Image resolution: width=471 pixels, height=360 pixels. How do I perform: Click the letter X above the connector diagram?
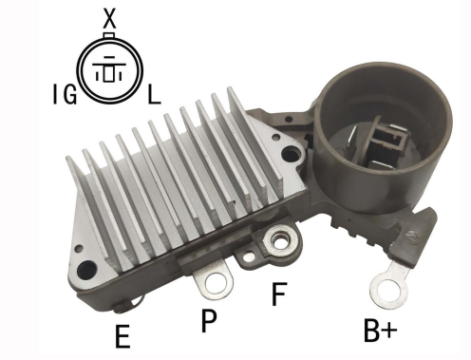tap(110, 18)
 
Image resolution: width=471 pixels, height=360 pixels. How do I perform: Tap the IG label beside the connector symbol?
tap(65, 94)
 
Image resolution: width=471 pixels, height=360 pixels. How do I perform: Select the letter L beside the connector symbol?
tap(154, 94)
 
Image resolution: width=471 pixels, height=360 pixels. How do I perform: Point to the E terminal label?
tap(122, 336)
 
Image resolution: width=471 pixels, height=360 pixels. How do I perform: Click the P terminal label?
tap(209, 320)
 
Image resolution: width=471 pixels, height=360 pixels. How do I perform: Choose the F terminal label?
tap(279, 294)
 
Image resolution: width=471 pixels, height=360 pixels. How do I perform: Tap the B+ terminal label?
tap(381, 331)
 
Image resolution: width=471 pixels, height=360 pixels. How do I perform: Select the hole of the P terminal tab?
tap(216, 282)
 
